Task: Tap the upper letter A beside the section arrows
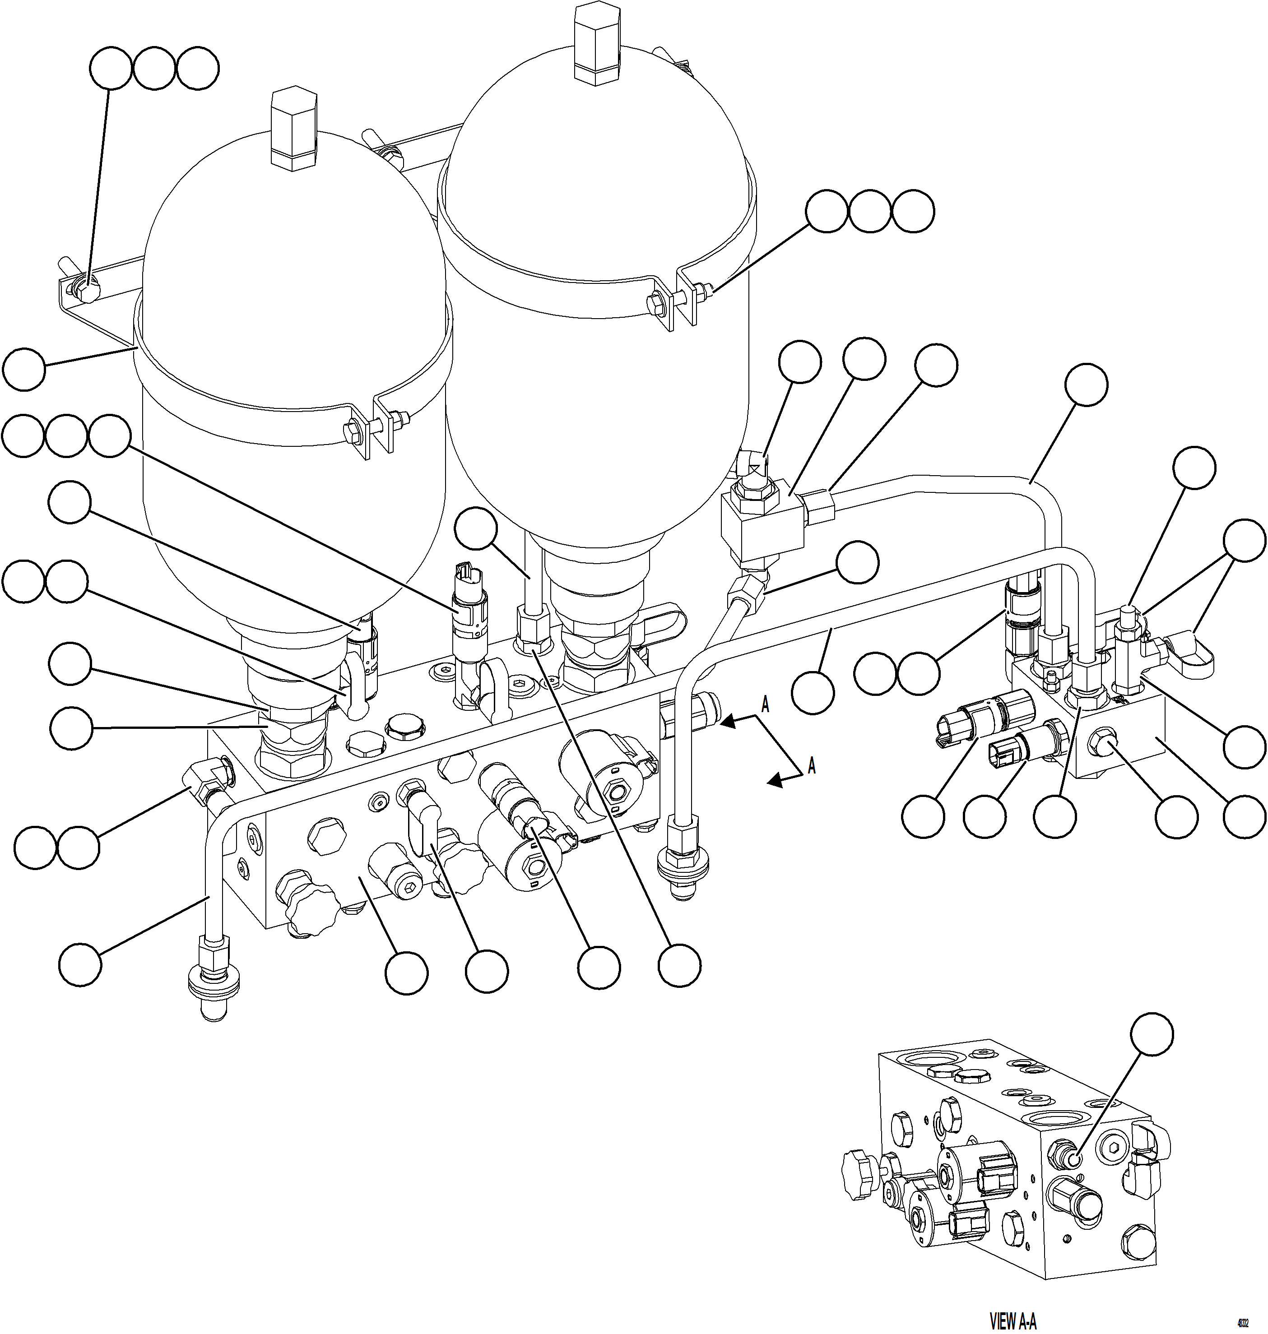tap(765, 705)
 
